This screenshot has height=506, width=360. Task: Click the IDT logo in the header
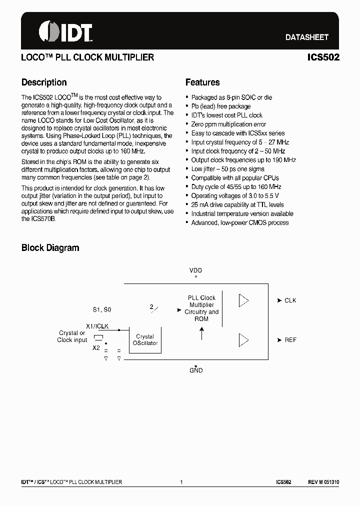(65, 32)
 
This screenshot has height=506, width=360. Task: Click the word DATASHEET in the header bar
(306, 37)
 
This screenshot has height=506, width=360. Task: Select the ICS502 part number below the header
(323, 57)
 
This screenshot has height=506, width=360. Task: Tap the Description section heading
(44, 82)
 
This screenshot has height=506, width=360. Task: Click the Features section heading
(202, 82)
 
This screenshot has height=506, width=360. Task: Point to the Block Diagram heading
(50, 247)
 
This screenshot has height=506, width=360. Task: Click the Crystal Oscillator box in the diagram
(145, 340)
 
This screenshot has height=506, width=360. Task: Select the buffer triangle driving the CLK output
(243, 300)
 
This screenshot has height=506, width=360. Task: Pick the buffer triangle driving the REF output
(243, 340)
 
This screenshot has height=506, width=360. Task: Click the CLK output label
(290, 300)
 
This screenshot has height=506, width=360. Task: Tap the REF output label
(290, 340)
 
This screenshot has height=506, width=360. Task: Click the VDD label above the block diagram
(195, 270)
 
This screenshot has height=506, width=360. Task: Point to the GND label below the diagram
(196, 370)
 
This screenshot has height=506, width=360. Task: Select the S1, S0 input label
(102, 310)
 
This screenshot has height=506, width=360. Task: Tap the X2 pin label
(96, 348)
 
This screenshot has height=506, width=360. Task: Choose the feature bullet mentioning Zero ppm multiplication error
(228, 124)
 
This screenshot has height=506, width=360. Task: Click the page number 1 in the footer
(181, 482)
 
